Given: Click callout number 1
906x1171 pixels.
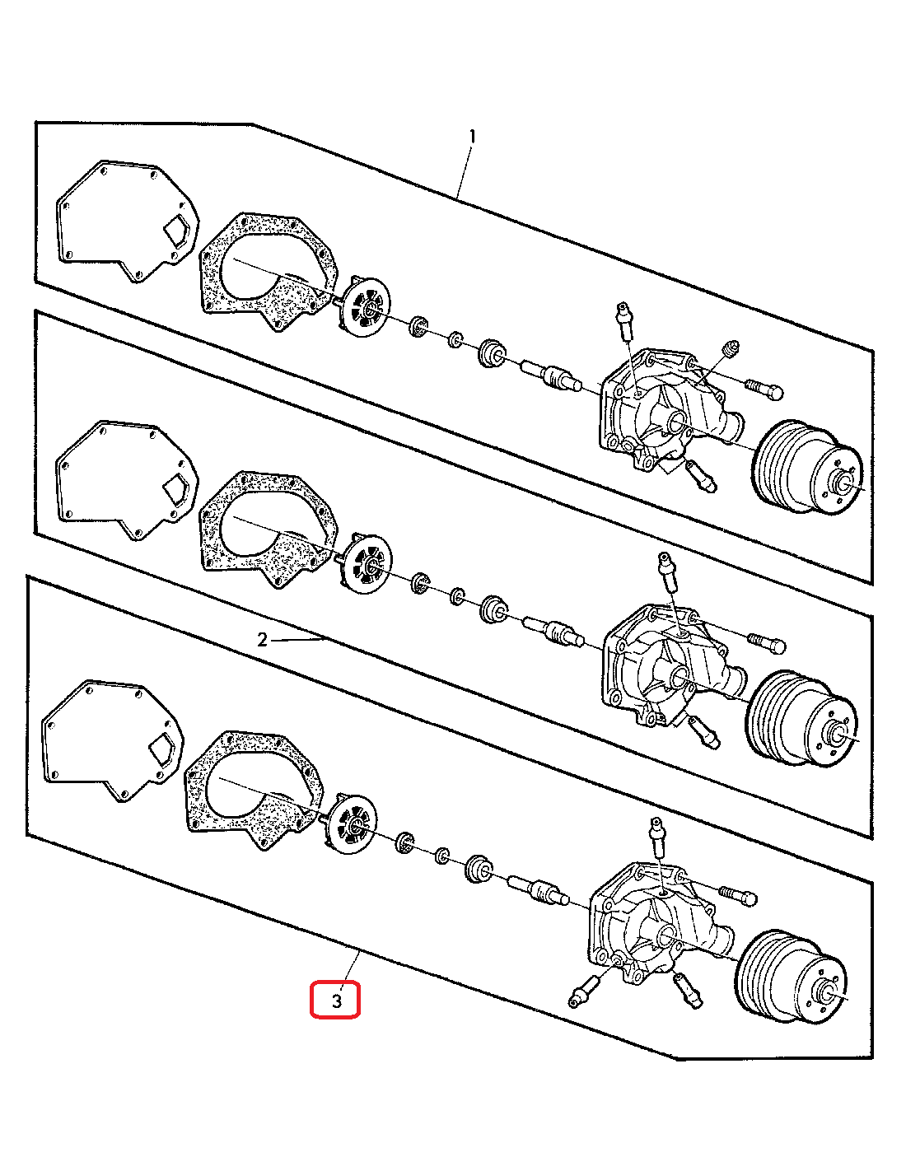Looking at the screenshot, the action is pyautogui.click(x=472, y=137).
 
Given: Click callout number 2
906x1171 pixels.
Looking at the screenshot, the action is pyautogui.click(x=263, y=640).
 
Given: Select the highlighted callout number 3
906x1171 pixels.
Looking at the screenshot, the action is pyautogui.click(x=336, y=1001).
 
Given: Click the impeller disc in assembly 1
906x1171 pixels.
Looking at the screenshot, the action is pyautogui.click(x=366, y=308).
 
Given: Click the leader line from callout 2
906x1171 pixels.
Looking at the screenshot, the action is pyautogui.click(x=297, y=640).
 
